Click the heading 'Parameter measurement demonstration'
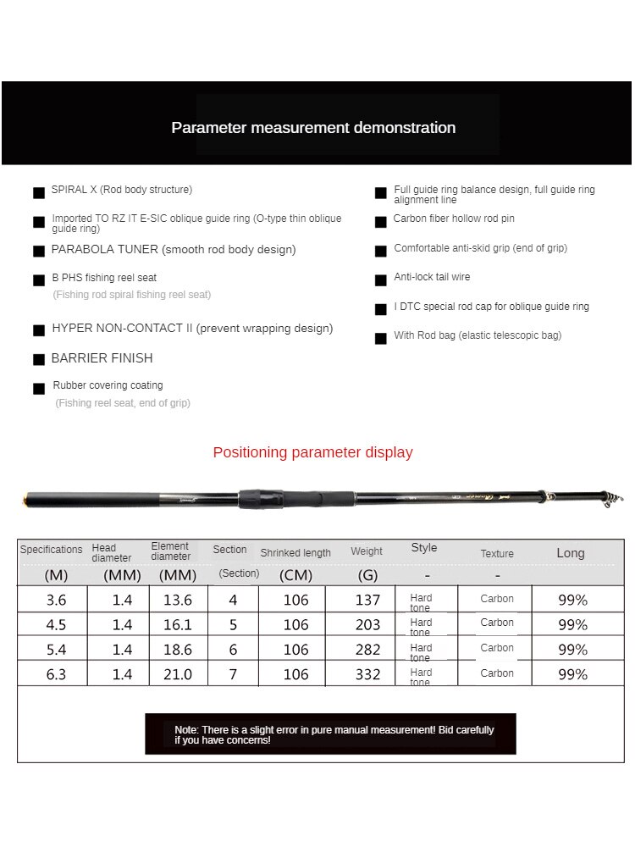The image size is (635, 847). pyautogui.click(x=313, y=128)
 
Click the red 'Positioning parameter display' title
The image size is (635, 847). pyautogui.click(x=312, y=452)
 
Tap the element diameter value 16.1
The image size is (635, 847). pyautogui.click(x=177, y=625)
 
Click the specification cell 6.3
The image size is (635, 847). pyautogui.click(x=55, y=674)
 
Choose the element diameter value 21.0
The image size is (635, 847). pyautogui.click(x=177, y=674)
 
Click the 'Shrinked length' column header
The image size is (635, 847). pyautogui.click(x=295, y=553)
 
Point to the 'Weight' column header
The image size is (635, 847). pyautogui.click(x=367, y=551)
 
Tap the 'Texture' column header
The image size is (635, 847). pyautogui.click(x=497, y=554)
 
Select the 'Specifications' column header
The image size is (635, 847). pyautogui.click(x=52, y=550)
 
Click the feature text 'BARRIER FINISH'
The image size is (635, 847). pyautogui.click(x=102, y=358)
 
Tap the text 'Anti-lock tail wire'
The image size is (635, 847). pyautogui.click(x=432, y=277)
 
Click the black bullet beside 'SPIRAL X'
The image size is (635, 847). pyautogui.click(x=39, y=192)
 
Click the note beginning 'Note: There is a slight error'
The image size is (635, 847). pyautogui.click(x=334, y=734)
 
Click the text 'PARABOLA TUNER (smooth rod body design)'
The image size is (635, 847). pyautogui.click(x=174, y=250)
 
